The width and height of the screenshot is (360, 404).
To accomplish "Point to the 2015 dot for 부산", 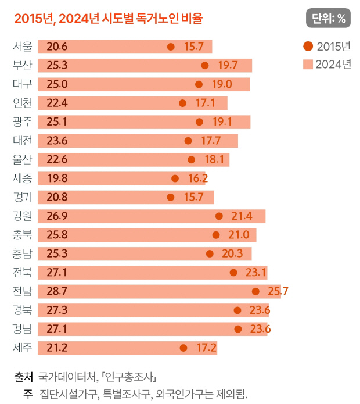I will [204, 66].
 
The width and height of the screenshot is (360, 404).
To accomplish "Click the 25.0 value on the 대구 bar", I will [57, 84].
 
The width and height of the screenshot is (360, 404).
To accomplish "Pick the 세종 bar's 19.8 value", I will [57, 178].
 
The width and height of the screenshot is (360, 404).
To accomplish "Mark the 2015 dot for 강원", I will [219, 216].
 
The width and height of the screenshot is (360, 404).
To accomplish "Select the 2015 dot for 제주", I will [183, 348].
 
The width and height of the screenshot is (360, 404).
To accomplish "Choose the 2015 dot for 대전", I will [188, 141].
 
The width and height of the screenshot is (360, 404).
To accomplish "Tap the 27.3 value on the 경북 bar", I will [57, 310].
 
